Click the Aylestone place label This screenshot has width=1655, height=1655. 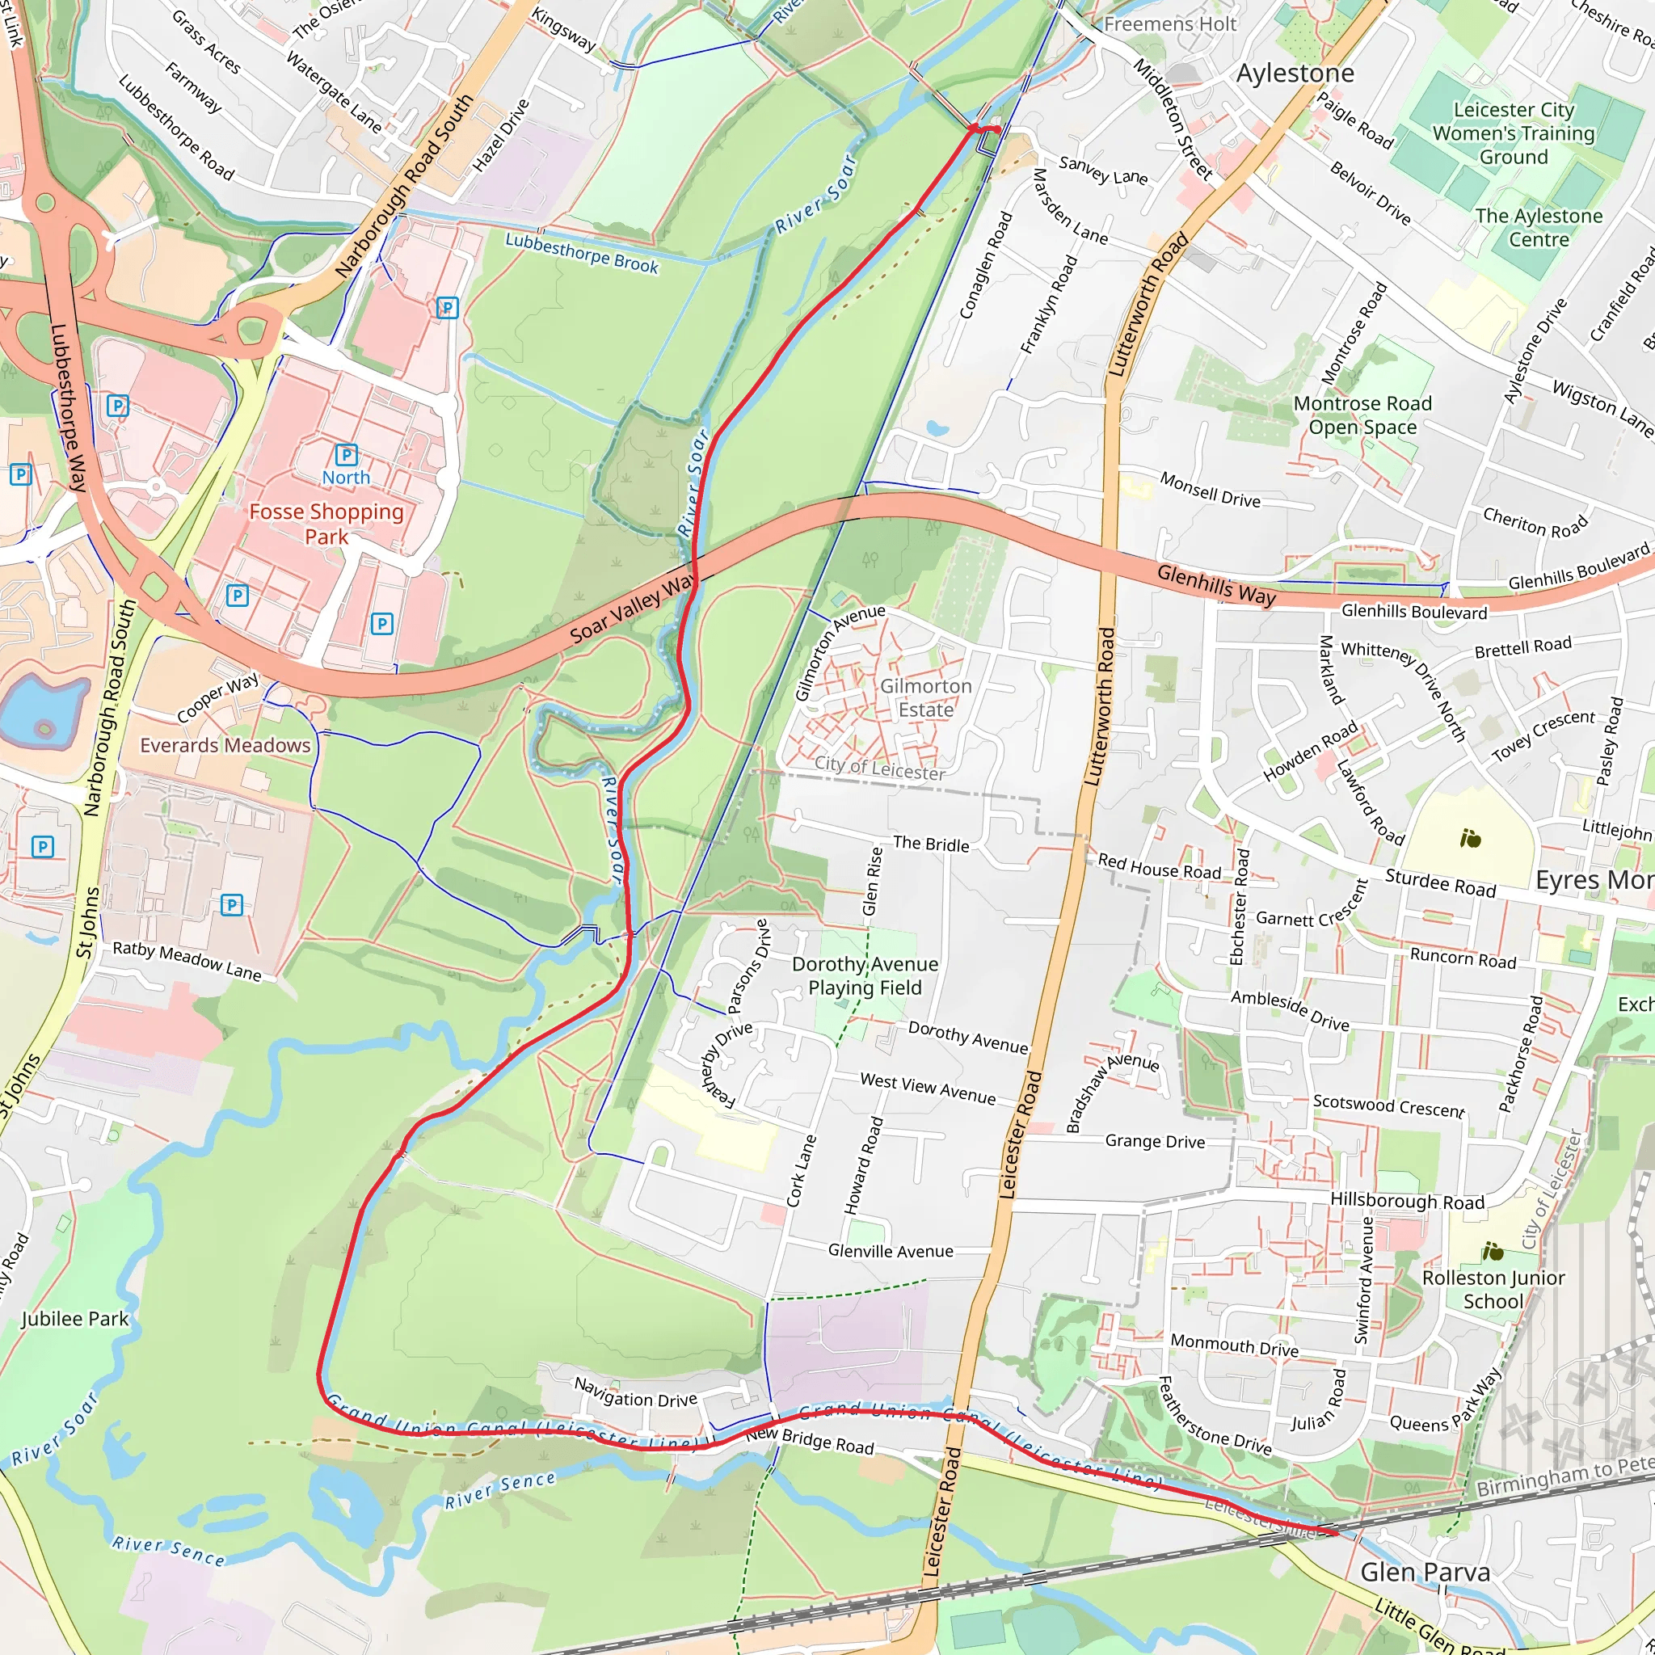tap(1295, 74)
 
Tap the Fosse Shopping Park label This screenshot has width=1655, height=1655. tap(326, 524)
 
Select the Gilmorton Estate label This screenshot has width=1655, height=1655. tap(925, 697)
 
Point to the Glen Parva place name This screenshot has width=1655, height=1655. tap(1425, 1572)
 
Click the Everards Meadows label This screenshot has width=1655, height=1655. tap(225, 745)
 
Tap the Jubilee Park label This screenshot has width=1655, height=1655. tap(74, 1318)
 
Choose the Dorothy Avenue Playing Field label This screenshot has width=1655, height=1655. tap(865, 975)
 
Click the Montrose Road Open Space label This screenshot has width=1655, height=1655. tap(1362, 415)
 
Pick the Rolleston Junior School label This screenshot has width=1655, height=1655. tap(1493, 1289)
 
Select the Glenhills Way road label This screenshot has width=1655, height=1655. tap(1215, 585)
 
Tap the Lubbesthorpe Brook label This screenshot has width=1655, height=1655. tap(582, 254)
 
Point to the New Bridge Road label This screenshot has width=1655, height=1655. tap(809, 1440)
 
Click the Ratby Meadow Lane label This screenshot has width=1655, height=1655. tap(187, 960)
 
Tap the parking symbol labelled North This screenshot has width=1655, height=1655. tap(346, 455)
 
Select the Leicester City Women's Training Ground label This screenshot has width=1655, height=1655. tap(1513, 133)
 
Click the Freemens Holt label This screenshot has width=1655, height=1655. tap(1169, 24)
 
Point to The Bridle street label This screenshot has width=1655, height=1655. tap(930, 844)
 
